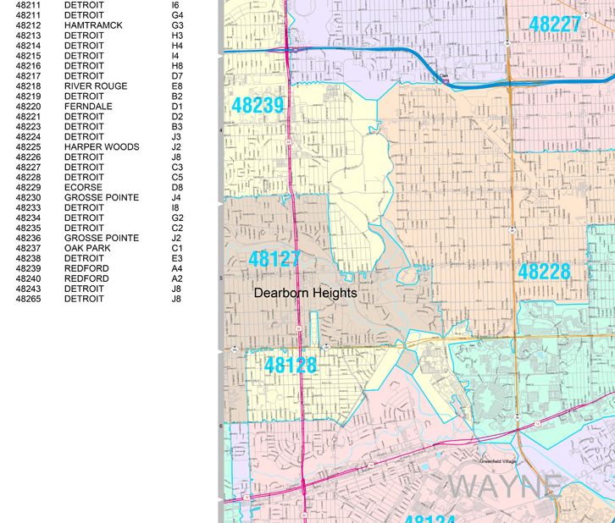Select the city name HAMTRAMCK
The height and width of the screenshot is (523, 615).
tap(93, 25)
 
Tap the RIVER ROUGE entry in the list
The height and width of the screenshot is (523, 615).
tap(96, 86)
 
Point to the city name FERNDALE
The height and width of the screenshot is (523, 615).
tap(88, 107)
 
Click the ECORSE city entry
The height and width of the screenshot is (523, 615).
tap(83, 188)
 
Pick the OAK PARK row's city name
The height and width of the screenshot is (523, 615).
tap(86, 248)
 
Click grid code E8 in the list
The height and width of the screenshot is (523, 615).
tap(177, 86)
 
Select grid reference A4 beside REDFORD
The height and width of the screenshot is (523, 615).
tap(177, 268)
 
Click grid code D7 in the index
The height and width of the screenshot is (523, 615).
tap(177, 76)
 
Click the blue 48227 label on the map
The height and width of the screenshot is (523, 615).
tap(556, 24)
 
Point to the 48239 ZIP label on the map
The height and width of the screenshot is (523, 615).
tap(258, 106)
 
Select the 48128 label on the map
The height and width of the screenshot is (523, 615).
tap(291, 366)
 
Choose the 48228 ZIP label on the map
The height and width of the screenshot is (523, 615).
tap(544, 272)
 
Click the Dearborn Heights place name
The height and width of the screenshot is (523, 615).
tap(306, 293)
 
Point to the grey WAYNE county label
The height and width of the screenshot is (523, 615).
tap(507, 487)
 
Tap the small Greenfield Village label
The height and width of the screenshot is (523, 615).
tap(499, 461)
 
